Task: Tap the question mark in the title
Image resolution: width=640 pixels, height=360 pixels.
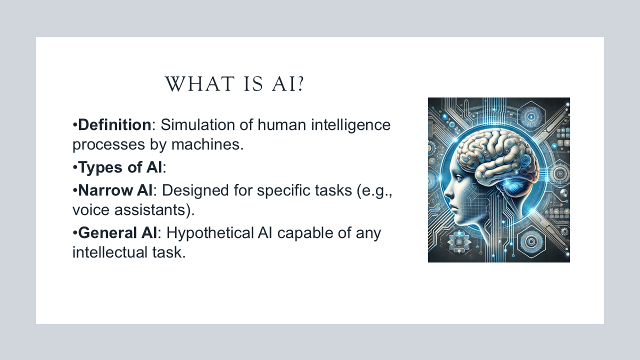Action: [x=300, y=84]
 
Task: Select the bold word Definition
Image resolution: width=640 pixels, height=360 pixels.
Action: [x=114, y=124]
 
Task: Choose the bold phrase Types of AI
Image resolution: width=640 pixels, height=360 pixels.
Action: [x=120, y=167]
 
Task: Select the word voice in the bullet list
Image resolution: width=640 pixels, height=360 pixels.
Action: [x=92, y=210]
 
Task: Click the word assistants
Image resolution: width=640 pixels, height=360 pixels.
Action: [x=155, y=210]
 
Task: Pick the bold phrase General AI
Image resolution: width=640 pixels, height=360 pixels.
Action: [x=118, y=233]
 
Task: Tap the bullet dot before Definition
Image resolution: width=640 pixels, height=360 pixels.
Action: [x=75, y=124]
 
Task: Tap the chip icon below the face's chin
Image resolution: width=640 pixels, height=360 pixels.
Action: [x=458, y=241]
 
